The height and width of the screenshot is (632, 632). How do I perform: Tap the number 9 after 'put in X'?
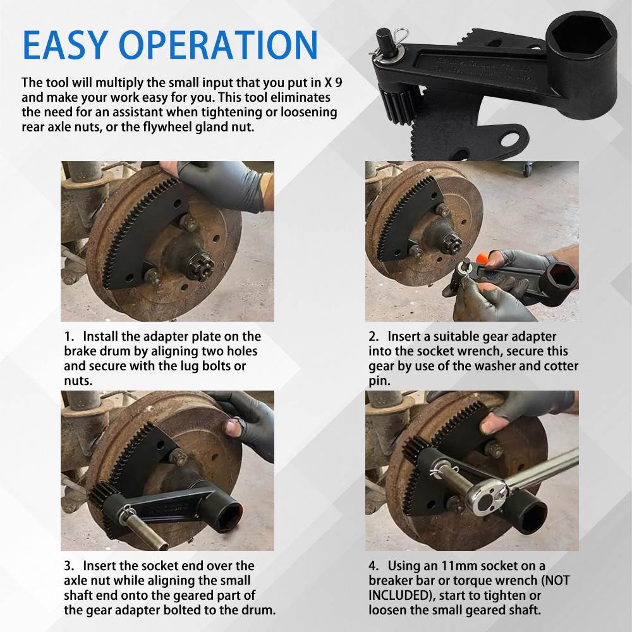pyautogui.click(x=339, y=83)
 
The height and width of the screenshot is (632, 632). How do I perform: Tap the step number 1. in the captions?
pyautogui.click(x=70, y=337)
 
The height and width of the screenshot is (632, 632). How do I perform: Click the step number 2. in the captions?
pyautogui.click(x=374, y=337)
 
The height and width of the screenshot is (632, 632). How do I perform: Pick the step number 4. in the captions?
pyautogui.click(x=374, y=566)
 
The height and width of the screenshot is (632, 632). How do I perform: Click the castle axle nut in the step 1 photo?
pyautogui.click(x=201, y=267)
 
